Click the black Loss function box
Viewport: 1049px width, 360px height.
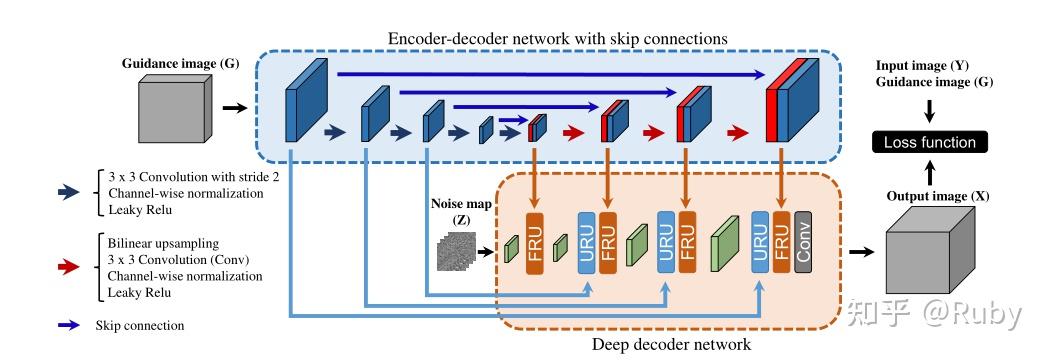coord(929,142)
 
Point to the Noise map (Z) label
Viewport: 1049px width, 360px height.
coord(460,211)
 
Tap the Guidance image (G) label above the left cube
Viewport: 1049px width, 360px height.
coord(168,63)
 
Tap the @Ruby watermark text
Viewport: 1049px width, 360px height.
coord(974,313)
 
